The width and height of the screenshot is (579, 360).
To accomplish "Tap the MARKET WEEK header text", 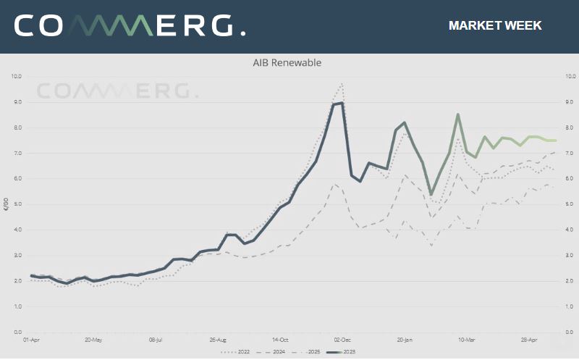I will pyautogui.click(x=495, y=26).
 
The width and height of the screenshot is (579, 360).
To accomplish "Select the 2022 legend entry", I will pyautogui.click(x=239, y=352).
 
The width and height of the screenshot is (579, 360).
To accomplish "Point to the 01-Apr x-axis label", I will pyautogui.click(x=31, y=339).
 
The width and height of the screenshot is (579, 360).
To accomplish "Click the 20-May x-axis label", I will pyautogui.click(x=93, y=339).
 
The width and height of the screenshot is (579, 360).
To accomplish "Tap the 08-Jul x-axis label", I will pyautogui.click(x=156, y=339).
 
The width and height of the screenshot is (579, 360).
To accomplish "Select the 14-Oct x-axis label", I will pyautogui.click(x=281, y=339).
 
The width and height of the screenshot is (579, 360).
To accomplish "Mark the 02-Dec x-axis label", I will pyautogui.click(x=342, y=339).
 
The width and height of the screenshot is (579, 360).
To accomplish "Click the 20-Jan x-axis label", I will pyautogui.click(x=405, y=339).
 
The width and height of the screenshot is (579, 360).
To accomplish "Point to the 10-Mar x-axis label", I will pyautogui.click(x=467, y=339).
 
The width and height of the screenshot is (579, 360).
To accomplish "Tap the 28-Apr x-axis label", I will pyautogui.click(x=530, y=339).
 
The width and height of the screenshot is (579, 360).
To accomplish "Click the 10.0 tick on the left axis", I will pyautogui.click(x=17, y=76).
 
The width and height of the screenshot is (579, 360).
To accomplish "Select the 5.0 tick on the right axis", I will pyautogui.click(x=570, y=204).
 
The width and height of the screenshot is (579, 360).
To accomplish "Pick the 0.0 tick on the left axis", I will pyautogui.click(x=17, y=332).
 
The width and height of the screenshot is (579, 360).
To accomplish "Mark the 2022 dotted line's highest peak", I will pyautogui.click(x=341, y=83).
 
